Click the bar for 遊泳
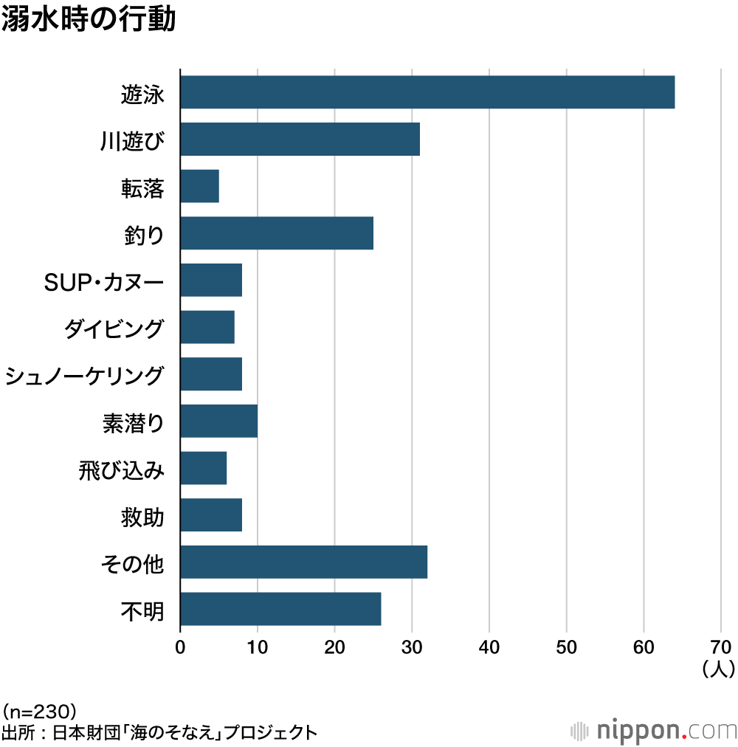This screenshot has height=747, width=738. tap(427, 92)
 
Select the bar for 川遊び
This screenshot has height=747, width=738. tap(300, 140)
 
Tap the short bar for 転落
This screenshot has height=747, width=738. tap(199, 186)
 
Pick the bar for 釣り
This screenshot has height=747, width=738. tap(277, 233)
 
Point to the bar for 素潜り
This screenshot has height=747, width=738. tap(218, 421)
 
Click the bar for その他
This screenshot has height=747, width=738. tap(303, 562)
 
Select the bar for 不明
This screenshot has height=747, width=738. tap(280, 609)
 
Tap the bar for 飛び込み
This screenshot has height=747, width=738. tap(203, 468)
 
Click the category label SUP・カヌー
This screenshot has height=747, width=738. tap(103, 280)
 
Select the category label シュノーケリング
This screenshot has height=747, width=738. tap(83, 375)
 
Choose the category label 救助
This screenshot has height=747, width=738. tap(142, 516)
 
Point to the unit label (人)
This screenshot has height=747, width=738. tap(717, 669)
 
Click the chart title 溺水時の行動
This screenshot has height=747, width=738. tap(89, 20)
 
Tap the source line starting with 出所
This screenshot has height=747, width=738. tap(159, 733)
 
